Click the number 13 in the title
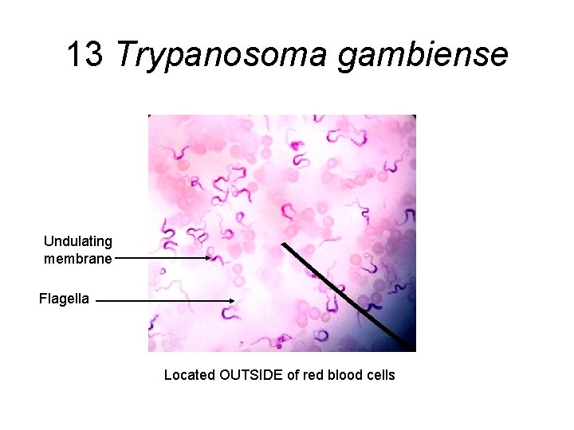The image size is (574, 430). (x=85, y=55)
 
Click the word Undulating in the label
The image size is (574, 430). (x=78, y=240)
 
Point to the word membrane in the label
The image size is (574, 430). (x=78, y=258)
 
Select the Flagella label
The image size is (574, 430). (x=65, y=299)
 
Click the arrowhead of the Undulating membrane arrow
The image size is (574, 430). (x=209, y=258)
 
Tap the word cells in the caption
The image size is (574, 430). (x=381, y=375)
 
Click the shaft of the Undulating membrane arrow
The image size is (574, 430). (x=159, y=258)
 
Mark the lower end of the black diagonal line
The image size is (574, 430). (x=414, y=350)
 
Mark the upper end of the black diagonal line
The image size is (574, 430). (x=284, y=244)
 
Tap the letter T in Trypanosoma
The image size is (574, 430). (x=125, y=55)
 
